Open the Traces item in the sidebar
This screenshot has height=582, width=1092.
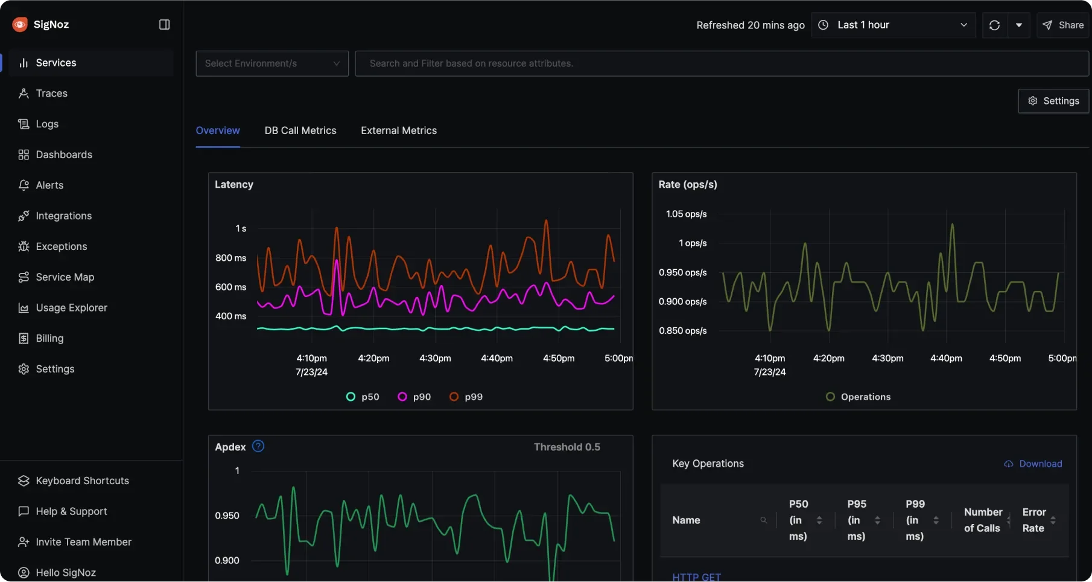(x=51, y=93)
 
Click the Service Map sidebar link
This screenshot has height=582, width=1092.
(x=65, y=277)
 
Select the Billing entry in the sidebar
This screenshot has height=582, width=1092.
(x=49, y=338)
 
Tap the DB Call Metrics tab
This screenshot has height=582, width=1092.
(x=300, y=130)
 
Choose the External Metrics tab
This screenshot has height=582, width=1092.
(x=398, y=130)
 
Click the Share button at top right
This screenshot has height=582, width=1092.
(x=1063, y=25)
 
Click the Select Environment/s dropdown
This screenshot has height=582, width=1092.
(x=271, y=63)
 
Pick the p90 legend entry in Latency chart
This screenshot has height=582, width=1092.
(x=414, y=397)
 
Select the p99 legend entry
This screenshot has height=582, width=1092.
(x=466, y=397)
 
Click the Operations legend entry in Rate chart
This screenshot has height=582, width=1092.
(x=859, y=397)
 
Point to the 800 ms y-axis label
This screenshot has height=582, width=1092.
(x=230, y=258)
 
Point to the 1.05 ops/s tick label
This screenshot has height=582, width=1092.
(x=686, y=214)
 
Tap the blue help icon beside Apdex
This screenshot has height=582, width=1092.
(x=258, y=446)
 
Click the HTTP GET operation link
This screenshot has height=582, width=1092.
(x=696, y=577)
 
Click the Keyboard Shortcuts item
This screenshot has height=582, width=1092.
(x=82, y=481)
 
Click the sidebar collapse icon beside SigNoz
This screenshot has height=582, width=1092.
(x=164, y=24)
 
